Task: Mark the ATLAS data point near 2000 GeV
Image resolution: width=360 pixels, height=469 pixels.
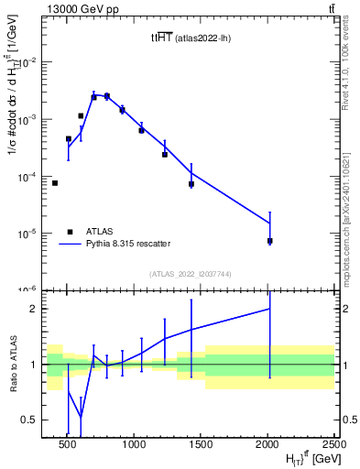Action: coord(270,241)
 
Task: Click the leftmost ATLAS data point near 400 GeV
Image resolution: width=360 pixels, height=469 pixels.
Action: coord(55,183)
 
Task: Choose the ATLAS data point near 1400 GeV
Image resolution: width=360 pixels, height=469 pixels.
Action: coord(191,184)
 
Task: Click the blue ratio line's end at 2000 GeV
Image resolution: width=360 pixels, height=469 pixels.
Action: coord(270,309)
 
